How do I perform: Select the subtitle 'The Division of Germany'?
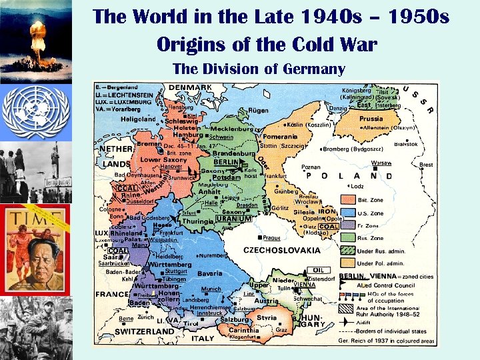click(x=259, y=69)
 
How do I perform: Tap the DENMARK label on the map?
click(x=191, y=87)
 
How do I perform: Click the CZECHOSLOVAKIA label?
click(x=282, y=250)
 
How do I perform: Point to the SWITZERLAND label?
click(x=145, y=331)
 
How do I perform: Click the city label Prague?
click(x=271, y=237)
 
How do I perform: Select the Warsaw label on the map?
click(x=381, y=163)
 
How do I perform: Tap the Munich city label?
click(x=211, y=289)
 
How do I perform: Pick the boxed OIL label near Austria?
click(x=314, y=270)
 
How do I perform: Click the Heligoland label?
click(x=138, y=119)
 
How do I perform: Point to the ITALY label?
click(x=203, y=338)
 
